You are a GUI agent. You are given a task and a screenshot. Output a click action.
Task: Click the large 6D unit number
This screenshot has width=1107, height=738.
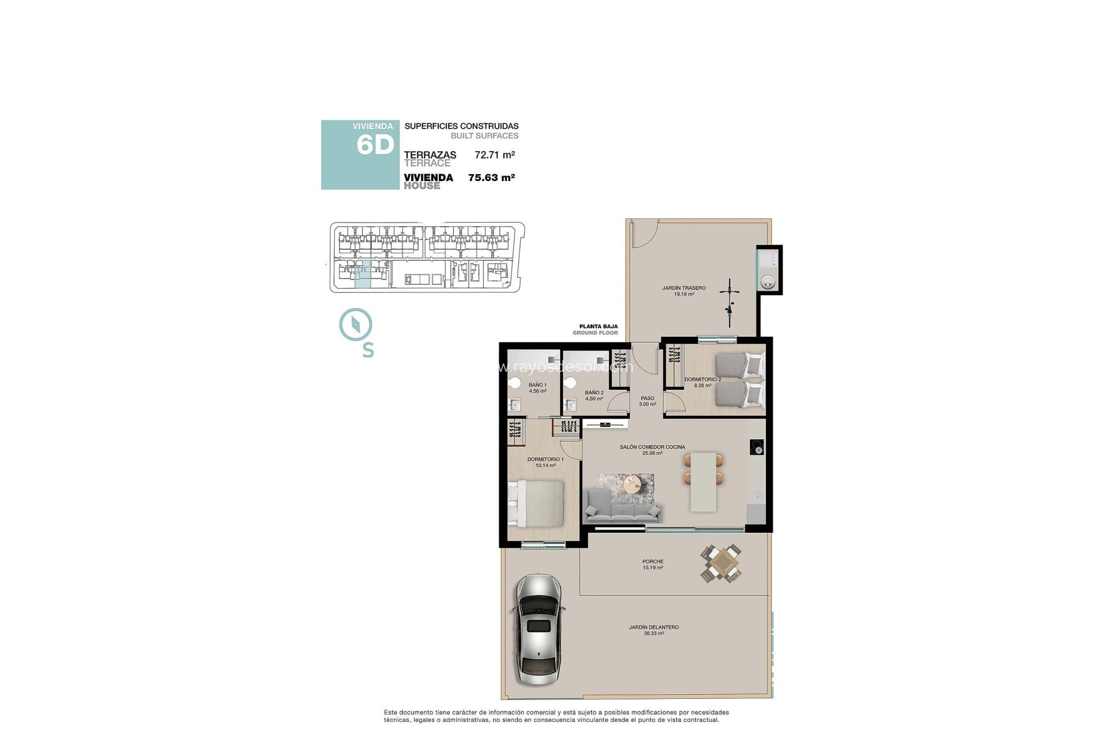[375, 145]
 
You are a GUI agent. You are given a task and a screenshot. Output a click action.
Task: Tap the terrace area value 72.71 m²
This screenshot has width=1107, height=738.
[494, 155]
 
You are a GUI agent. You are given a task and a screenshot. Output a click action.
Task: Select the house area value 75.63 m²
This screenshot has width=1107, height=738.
[491, 178]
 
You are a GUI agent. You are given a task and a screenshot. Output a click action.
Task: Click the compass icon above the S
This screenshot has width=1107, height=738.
[356, 324]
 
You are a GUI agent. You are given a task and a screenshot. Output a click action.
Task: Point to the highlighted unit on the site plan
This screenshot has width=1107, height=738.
[363, 274]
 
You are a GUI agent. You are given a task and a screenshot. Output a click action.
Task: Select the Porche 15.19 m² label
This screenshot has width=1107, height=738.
[653, 564]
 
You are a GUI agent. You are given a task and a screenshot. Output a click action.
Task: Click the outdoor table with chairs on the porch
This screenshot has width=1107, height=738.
[721, 563]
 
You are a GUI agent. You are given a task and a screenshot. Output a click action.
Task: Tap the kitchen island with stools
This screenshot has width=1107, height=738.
[703, 481]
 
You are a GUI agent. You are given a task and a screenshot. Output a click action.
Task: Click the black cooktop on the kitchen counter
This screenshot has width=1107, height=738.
[757, 447]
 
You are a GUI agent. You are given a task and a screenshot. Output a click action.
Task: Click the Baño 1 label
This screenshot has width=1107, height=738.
[537, 387]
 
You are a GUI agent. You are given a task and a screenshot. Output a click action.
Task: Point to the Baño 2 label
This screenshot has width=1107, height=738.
[594, 395]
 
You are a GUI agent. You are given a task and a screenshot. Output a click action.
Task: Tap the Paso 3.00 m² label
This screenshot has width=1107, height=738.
[647, 401]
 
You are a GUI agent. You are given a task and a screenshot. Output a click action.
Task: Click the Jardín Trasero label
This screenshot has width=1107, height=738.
[684, 291]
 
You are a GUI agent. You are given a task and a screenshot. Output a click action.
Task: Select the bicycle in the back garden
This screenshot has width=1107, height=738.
[730, 303]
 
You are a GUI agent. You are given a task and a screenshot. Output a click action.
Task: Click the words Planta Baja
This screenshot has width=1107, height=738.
[598, 326]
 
